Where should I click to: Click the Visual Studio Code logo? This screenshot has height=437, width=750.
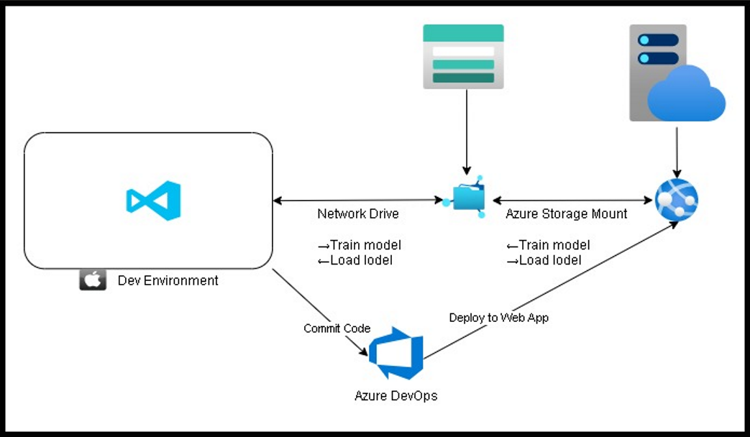point(154,201)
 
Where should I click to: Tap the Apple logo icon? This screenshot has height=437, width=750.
point(93,280)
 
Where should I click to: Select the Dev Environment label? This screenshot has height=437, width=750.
point(168,280)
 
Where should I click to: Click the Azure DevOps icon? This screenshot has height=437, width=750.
point(396,353)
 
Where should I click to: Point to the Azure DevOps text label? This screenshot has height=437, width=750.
point(396,395)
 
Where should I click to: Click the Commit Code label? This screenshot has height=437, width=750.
point(337,328)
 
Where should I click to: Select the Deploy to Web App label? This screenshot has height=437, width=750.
point(498,318)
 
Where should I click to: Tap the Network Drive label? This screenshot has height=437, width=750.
point(358,213)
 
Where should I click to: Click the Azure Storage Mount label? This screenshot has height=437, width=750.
point(567,213)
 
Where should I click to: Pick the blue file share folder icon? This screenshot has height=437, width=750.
point(467,198)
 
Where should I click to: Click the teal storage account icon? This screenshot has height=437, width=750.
point(463,56)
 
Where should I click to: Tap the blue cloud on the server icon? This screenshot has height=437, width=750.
point(687,95)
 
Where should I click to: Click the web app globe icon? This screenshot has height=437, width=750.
point(677,199)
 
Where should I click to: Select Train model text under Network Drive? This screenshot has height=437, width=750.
point(365,245)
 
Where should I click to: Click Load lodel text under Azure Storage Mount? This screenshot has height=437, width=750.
point(550,260)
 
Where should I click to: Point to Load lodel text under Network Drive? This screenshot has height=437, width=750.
point(361,260)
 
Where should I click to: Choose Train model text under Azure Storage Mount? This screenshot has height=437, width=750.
point(554,245)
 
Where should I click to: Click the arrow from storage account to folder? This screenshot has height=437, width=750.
point(467,132)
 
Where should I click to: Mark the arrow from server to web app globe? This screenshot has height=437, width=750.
point(677,152)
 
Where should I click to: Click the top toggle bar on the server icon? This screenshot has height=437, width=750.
point(658,40)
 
